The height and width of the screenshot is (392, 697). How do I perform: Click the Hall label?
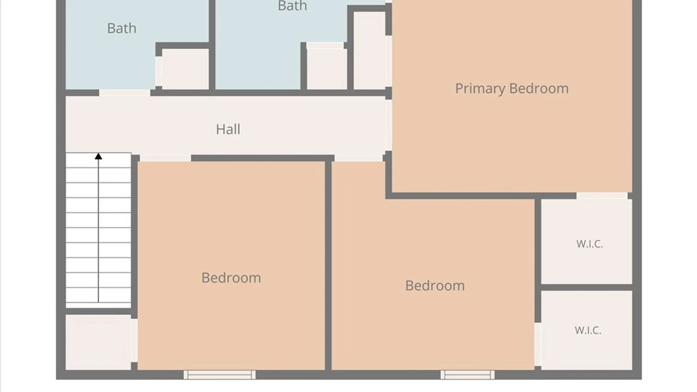[x=228, y=129]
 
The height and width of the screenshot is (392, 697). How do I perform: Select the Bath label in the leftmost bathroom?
[x=122, y=28]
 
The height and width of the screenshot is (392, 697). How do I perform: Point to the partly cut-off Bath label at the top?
[x=292, y=5]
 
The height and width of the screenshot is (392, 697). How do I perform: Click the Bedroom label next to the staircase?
[x=231, y=278]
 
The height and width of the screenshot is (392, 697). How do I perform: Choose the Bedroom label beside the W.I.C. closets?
[x=435, y=286]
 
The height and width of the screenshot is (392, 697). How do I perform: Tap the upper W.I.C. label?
[x=590, y=244]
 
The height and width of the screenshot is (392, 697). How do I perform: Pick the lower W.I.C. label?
[x=588, y=330]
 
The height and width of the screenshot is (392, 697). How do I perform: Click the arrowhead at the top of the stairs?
[x=98, y=156]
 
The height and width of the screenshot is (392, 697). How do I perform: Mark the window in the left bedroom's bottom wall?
[x=220, y=375]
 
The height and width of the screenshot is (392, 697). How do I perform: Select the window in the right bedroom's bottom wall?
[x=468, y=375]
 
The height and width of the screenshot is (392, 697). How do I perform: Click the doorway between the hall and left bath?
[x=125, y=93]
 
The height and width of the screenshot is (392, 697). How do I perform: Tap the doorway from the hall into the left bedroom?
[x=165, y=158]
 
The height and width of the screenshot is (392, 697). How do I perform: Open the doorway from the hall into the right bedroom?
[x=359, y=158]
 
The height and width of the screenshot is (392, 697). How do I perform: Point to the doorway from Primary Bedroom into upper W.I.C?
[x=602, y=196]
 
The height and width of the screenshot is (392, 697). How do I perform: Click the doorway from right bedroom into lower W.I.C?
[x=538, y=344]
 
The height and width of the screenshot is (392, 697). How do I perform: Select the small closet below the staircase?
[x=98, y=342]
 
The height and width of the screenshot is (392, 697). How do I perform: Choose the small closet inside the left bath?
[x=185, y=69]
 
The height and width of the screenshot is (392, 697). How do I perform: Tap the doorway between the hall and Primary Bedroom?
[x=388, y=125]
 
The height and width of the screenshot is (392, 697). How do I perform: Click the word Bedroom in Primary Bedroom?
[x=539, y=88]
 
